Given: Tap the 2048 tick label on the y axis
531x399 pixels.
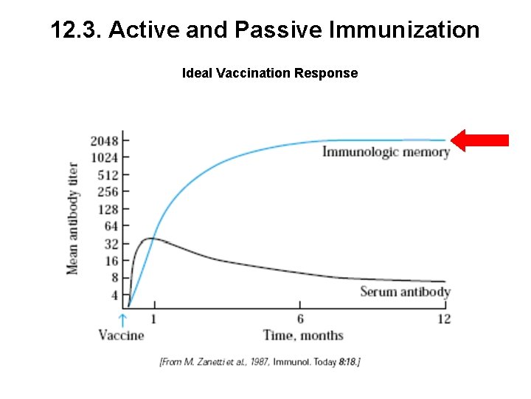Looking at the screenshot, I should pos(104,140).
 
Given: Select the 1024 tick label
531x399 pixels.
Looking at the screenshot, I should pos(104,157).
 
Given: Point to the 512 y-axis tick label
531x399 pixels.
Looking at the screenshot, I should pos(108,175).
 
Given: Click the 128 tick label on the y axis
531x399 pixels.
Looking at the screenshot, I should pos(108,209).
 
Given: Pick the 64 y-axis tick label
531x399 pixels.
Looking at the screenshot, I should pos(111,226).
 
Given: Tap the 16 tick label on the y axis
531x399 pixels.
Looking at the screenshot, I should pos(111,261).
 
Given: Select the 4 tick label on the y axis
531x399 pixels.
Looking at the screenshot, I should pos(114,295).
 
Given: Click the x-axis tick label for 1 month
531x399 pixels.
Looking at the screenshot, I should pos(153,318).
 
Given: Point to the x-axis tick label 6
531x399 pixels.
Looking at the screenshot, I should pos(299,318).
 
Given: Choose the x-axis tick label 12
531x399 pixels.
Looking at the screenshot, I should pos(443,318).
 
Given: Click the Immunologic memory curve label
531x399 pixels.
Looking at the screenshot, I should pos(386,152).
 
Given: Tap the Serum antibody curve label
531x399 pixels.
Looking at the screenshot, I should pos(405,291).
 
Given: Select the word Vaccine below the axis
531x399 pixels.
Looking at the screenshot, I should pos(122,335).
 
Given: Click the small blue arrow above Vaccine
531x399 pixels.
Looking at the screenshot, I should pos(123,319).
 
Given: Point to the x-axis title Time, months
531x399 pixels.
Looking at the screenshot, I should pos(303,335).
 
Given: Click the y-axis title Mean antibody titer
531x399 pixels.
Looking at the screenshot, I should pos(73,218).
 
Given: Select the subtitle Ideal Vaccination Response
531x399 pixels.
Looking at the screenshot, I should pos(270,73).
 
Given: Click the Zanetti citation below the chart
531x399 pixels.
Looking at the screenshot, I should pos(260,362).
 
